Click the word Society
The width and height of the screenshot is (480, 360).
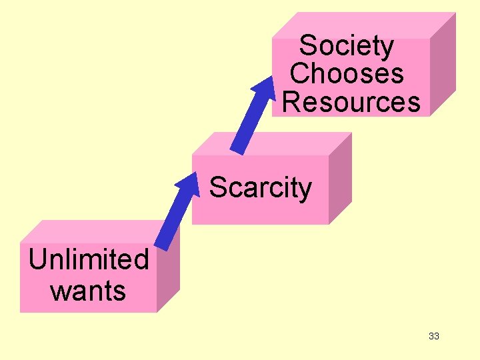(347, 46)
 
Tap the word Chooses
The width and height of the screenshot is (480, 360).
(347, 73)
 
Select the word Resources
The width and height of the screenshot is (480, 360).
(351, 103)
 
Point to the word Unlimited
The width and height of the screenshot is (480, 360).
(89, 259)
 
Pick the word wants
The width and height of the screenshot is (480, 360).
(88, 291)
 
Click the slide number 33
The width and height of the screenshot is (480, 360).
(434, 336)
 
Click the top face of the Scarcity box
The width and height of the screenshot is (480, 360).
(267, 143)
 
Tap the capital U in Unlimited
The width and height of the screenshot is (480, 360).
(37, 259)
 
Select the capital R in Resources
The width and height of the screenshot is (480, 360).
(291, 103)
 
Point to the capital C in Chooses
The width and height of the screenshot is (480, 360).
(299, 73)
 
